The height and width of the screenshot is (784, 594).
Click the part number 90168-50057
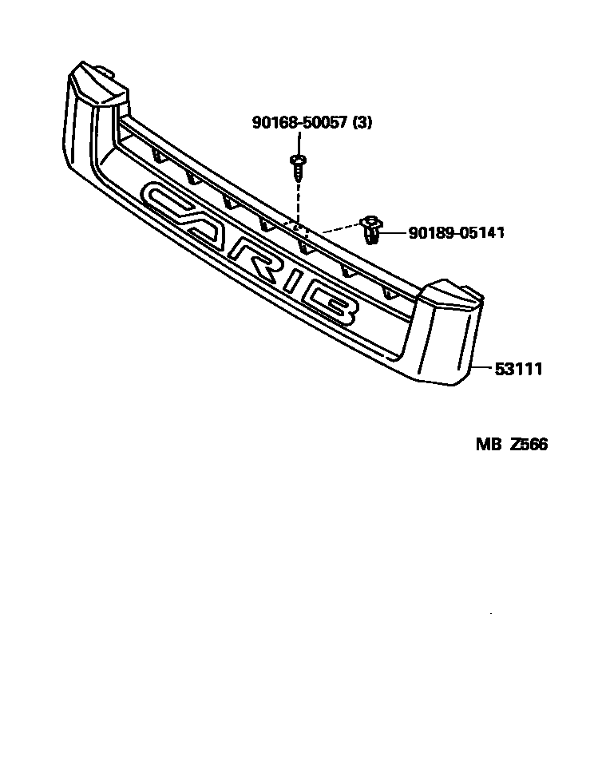(300, 122)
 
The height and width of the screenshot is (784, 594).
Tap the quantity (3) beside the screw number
(362, 122)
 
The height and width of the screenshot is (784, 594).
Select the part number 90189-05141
(456, 232)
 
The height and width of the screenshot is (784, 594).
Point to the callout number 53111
(519, 369)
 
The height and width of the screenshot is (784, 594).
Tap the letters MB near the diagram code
(487, 445)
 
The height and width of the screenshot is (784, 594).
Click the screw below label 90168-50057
(296, 165)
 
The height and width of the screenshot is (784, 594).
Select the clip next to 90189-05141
(371, 229)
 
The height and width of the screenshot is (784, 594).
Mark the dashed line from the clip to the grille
(339, 229)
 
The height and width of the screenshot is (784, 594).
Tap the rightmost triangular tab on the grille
(389, 293)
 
